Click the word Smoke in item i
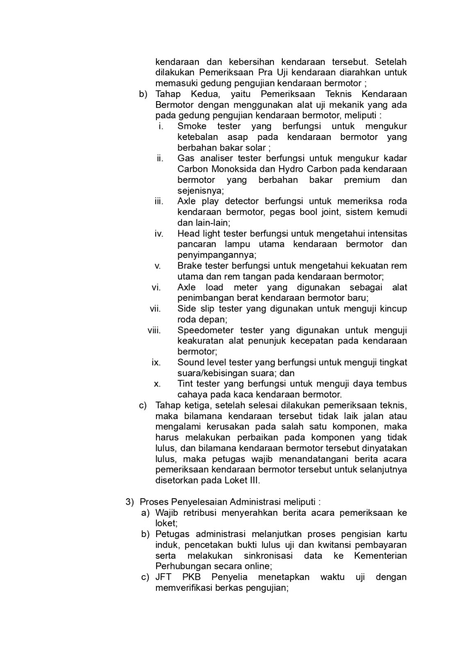tap(192, 126)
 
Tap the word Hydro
tap(292, 169)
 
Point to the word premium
tap(362, 180)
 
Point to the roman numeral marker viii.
tap(154, 330)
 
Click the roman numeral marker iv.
tap(159, 233)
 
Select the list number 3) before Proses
tap(130, 502)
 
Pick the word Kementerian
tap(380, 556)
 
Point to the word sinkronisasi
tap(268, 556)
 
